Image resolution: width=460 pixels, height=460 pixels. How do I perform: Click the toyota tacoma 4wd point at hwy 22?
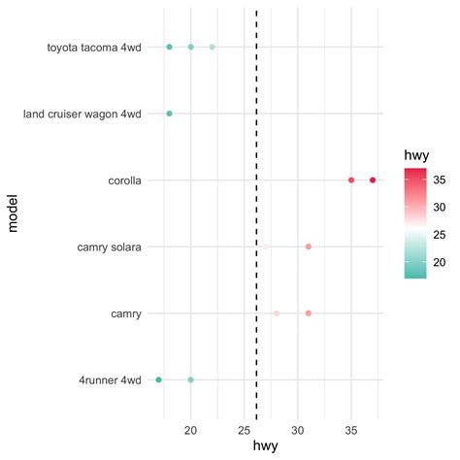pyautogui.click(x=213, y=47)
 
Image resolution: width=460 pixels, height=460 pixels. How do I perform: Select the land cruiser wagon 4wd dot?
pyautogui.click(x=169, y=114)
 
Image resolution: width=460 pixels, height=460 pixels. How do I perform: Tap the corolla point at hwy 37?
pyautogui.click(x=373, y=181)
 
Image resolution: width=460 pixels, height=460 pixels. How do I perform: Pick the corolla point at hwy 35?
pyautogui.click(x=351, y=181)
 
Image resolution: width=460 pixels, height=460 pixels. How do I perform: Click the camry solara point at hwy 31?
pyautogui.click(x=309, y=246)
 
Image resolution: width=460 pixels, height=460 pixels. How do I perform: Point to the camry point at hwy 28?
pyautogui.click(x=277, y=313)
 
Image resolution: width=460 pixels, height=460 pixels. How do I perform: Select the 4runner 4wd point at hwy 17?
pyautogui.click(x=159, y=379)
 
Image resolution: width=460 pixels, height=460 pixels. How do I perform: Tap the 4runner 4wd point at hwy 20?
pyautogui.click(x=191, y=379)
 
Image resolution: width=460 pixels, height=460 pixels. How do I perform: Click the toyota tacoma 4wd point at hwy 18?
pyautogui.click(x=169, y=47)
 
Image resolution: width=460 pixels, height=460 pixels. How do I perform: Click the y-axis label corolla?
pyautogui.click(x=123, y=181)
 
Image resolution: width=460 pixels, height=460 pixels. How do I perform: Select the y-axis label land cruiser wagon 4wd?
pyautogui.click(x=82, y=114)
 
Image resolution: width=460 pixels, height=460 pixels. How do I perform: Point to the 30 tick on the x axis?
pyautogui.click(x=298, y=429)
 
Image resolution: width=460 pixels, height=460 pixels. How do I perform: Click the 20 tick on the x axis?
pyautogui.click(x=191, y=429)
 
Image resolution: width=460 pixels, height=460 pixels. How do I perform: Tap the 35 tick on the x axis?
pyautogui.click(x=351, y=429)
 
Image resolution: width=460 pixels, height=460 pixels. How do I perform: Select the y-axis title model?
pyautogui.click(x=13, y=213)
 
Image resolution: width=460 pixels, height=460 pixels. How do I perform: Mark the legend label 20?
pyautogui.click(x=440, y=261)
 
